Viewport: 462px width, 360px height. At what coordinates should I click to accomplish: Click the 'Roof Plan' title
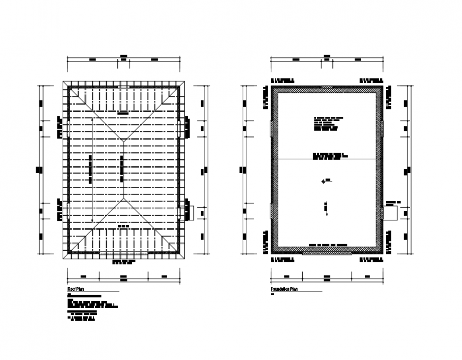(76, 289)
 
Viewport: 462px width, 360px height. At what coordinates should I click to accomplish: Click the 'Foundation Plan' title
(284, 289)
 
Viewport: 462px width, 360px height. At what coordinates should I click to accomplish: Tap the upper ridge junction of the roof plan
(123, 140)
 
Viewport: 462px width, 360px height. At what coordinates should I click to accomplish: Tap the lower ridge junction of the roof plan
(123, 200)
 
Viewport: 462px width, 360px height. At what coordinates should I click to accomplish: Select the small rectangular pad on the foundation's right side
(390, 212)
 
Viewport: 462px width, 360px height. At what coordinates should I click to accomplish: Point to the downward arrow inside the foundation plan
(327, 209)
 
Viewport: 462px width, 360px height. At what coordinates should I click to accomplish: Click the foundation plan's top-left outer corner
(271, 85)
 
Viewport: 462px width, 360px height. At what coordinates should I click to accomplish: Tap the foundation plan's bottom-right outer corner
(383, 254)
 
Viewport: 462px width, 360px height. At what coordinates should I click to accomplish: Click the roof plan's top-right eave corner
(185, 82)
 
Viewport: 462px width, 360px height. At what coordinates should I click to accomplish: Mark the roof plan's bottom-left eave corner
(63, 259)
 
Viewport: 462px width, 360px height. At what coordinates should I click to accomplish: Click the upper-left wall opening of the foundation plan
(272, 128)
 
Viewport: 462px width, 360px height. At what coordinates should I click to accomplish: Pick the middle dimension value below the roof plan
(123, 276)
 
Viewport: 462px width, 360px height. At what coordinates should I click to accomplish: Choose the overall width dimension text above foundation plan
(327, 55)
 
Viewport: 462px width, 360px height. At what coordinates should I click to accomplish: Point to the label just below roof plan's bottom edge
(123, 262)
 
